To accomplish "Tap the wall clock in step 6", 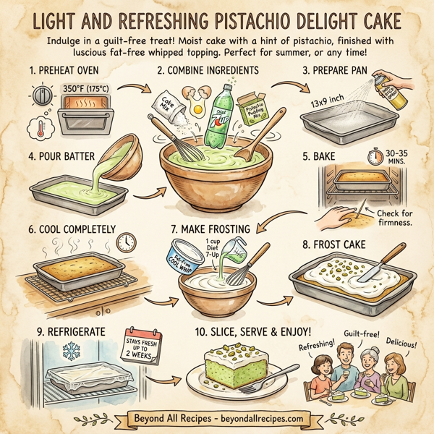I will click(x=126, y=242).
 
